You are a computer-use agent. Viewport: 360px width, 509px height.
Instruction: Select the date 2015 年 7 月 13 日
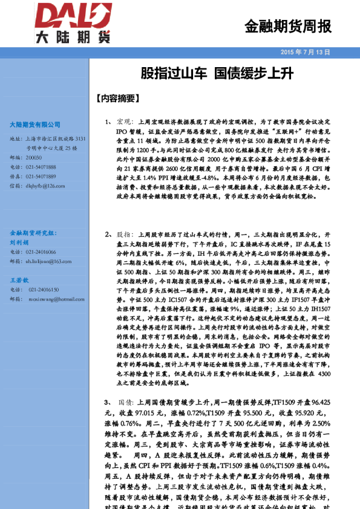(x=306, y=53)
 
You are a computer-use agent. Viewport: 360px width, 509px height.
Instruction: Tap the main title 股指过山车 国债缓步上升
(x=217, y=74)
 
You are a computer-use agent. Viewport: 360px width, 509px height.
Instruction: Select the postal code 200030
(x=34, y=157)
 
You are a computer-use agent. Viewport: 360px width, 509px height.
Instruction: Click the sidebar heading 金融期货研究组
(x=33, y=233)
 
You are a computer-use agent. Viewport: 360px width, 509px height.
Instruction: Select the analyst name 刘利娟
(x=19, y=242)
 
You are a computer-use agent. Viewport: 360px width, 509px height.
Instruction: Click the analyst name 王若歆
(x=19, y=280)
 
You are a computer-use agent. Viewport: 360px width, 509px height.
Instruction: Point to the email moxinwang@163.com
(x=47, y=299)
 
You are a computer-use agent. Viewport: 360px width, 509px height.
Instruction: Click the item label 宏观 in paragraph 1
(x=123, y=121)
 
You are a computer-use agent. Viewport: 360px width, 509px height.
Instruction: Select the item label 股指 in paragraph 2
(x=123, y=233)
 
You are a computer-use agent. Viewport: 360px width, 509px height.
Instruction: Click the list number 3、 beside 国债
(x=108, y=401)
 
